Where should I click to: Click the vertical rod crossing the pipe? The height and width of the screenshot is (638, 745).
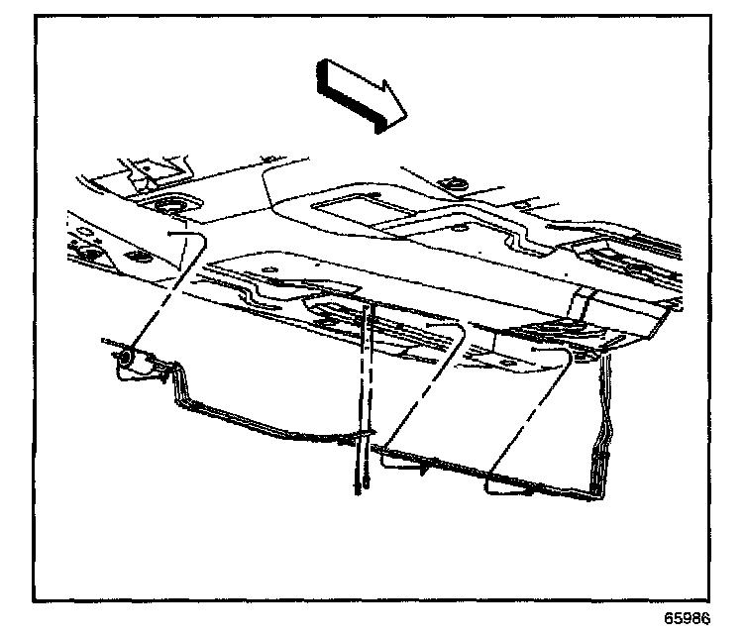point(363,396)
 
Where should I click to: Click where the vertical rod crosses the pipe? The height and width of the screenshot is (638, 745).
point(365,436)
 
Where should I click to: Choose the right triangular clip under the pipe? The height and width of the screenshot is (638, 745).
point(505,484)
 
